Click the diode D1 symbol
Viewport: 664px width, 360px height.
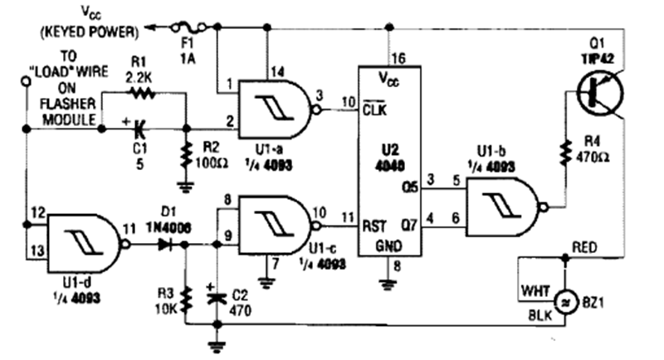point(166,245)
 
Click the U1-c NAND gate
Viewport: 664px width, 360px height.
point(275,222)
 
